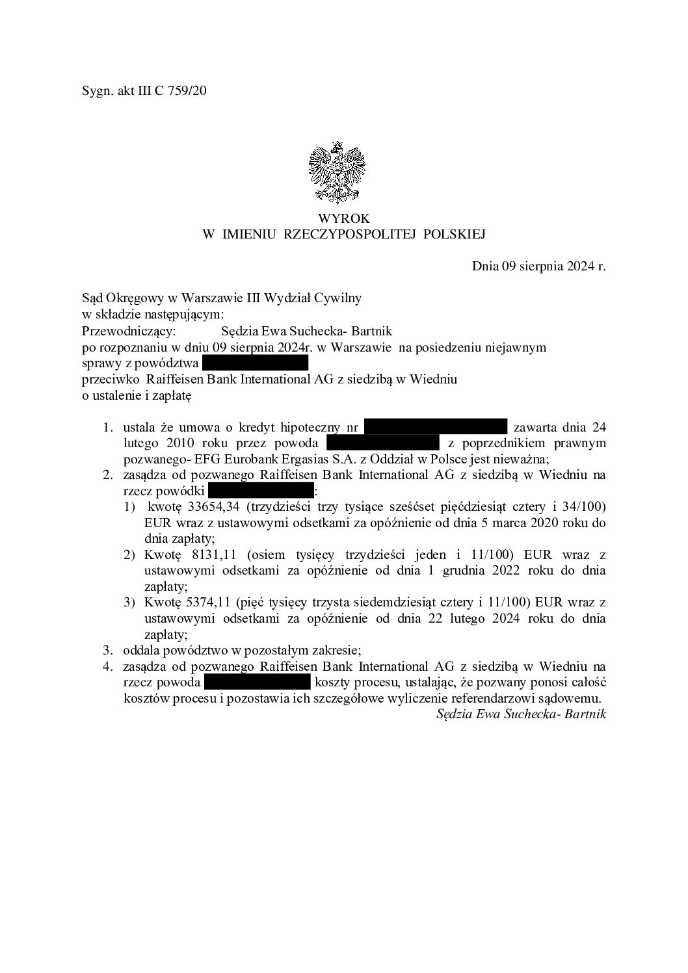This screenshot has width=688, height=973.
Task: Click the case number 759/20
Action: tap(187, 91)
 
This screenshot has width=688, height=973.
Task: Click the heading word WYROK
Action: tap(344, 219)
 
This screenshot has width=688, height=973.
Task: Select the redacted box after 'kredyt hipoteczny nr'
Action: tap(435, 427)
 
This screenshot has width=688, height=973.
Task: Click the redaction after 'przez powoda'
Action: tap(383, 443)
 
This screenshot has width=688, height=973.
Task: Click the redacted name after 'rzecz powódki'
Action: tap(261, 491)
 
